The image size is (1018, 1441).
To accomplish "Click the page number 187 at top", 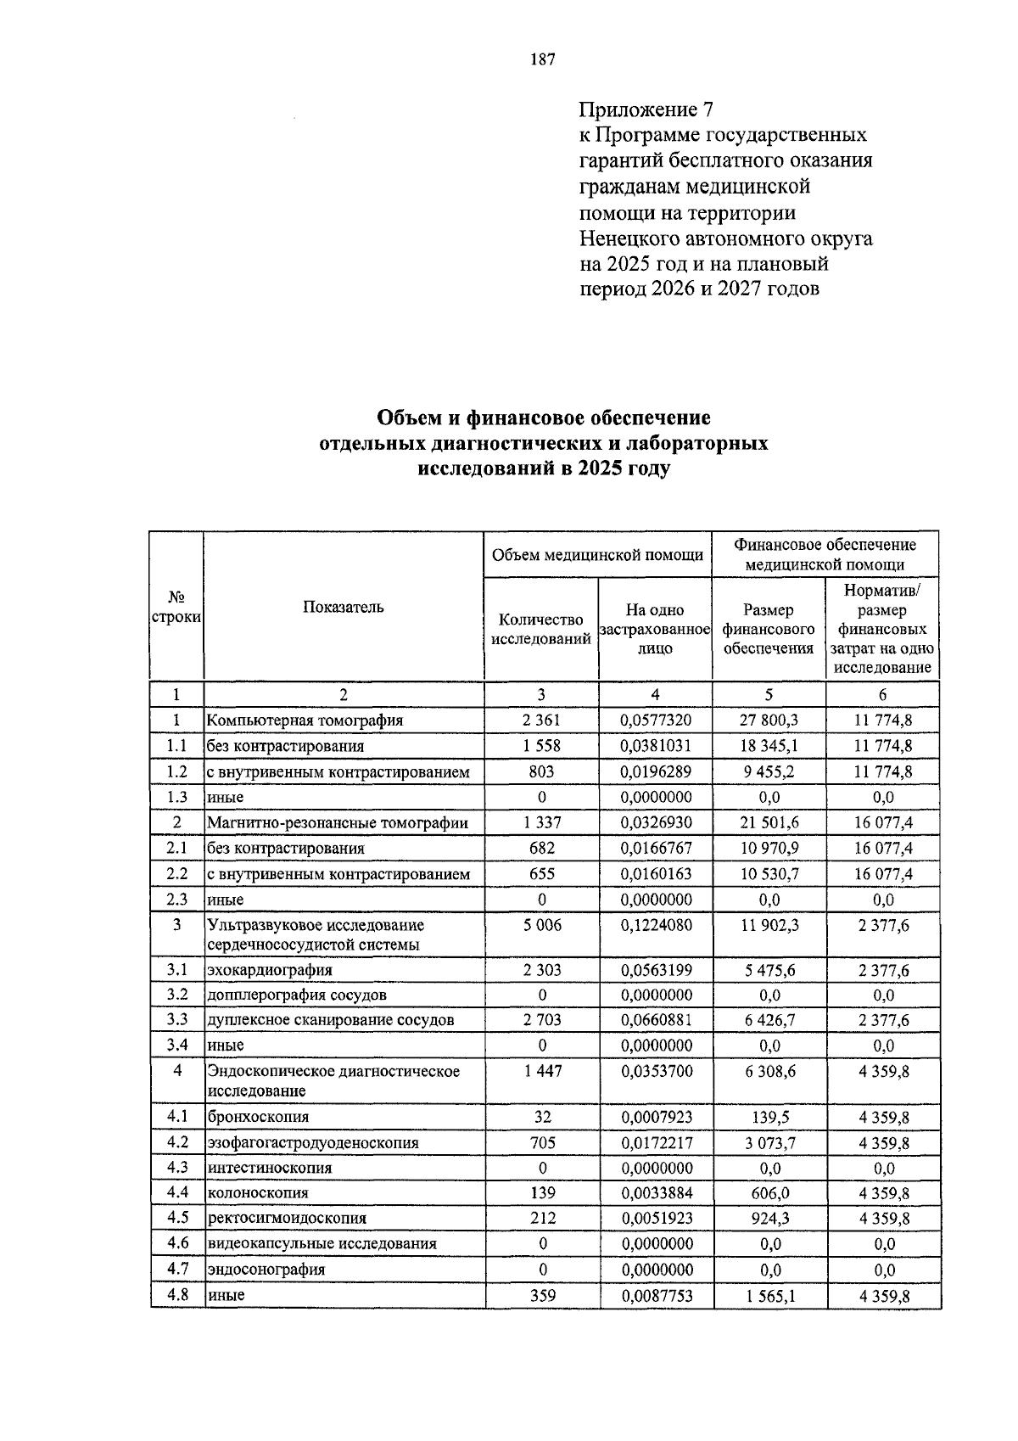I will click(541, 59).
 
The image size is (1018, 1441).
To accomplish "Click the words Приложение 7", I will click(646, 109).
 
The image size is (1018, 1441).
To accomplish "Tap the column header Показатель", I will click(343, 607).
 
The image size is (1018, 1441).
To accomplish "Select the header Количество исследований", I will click(541, 630).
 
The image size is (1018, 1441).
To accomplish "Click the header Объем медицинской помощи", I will click(598, 555).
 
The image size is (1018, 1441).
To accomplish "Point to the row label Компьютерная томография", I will click(305, 720).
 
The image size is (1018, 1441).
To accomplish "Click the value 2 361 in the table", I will click(541, 720).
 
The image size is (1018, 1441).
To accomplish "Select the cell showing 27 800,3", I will click(769, 720).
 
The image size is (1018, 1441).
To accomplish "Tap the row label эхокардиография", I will click(270, 969).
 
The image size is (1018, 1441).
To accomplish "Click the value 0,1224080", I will click(656, 925).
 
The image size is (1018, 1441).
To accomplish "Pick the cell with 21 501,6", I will click(769, 822).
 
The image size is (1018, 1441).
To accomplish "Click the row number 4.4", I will click(176, 1192).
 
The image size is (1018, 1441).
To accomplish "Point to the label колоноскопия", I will click(257, 1193).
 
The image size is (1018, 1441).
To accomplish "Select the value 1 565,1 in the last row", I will click(769, 1296).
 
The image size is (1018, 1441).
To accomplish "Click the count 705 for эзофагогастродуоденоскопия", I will click(542, 1143).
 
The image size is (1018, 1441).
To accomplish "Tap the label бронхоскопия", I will click(258, 1118).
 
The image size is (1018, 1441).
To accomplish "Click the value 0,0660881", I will click(656, 1020).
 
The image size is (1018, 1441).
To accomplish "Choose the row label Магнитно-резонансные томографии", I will click(337, 822).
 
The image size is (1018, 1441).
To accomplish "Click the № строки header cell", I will click(176, 607).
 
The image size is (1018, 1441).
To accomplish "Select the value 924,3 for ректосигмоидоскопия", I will click(769, 1219).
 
